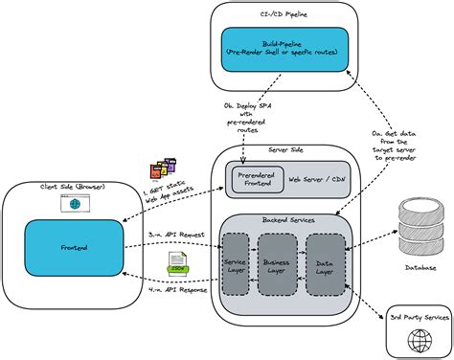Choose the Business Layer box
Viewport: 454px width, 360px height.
tap(278, 264)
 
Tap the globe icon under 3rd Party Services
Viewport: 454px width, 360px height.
tap(418, 340)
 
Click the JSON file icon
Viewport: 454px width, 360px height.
tap(176, 262)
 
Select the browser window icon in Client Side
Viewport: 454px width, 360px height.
tap(71, 205)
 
